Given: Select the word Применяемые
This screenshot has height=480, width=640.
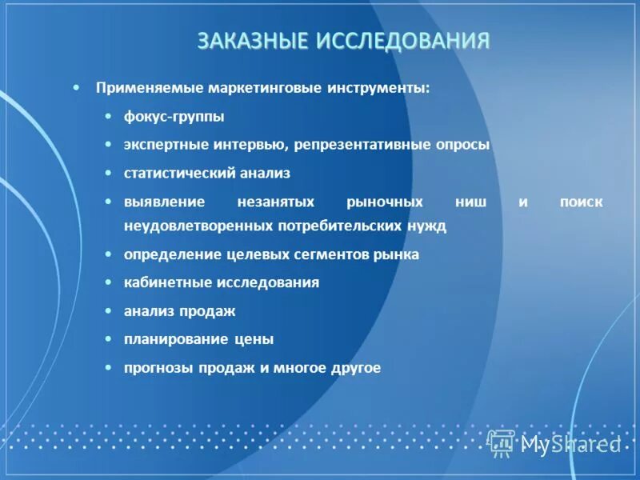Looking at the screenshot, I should click(150, 87).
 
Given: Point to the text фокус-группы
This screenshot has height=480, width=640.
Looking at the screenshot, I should click(174, 117).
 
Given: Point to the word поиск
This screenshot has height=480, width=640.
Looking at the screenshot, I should click(582, 202).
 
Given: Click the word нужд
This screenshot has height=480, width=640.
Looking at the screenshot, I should click(428, 226).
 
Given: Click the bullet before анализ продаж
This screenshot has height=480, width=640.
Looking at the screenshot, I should click(108, 310).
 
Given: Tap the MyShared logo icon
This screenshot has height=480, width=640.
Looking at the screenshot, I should click(502, 442).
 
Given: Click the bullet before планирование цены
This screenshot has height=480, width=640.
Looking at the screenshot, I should click(108, 339).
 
